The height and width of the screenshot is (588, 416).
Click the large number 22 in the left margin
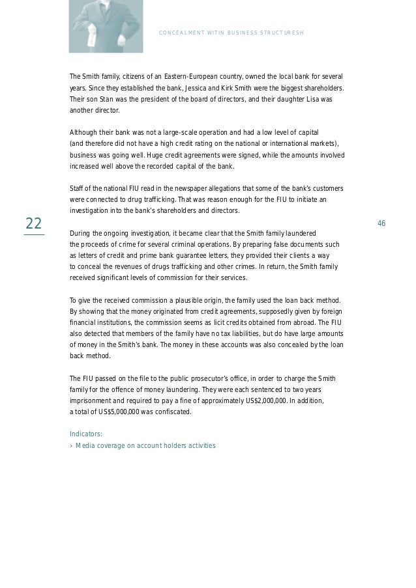[34, 224]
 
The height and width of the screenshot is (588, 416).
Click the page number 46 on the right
[381, 224]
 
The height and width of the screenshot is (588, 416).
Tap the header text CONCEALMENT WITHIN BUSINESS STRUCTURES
[231, 33]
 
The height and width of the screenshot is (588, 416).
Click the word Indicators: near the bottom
[86, 434]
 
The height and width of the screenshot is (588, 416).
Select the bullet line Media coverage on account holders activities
[145, 446]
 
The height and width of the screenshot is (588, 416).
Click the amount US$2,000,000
[259, 401]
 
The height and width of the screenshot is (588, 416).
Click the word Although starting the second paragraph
[85, 132]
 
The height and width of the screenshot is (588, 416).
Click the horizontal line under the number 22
[34, 234]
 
